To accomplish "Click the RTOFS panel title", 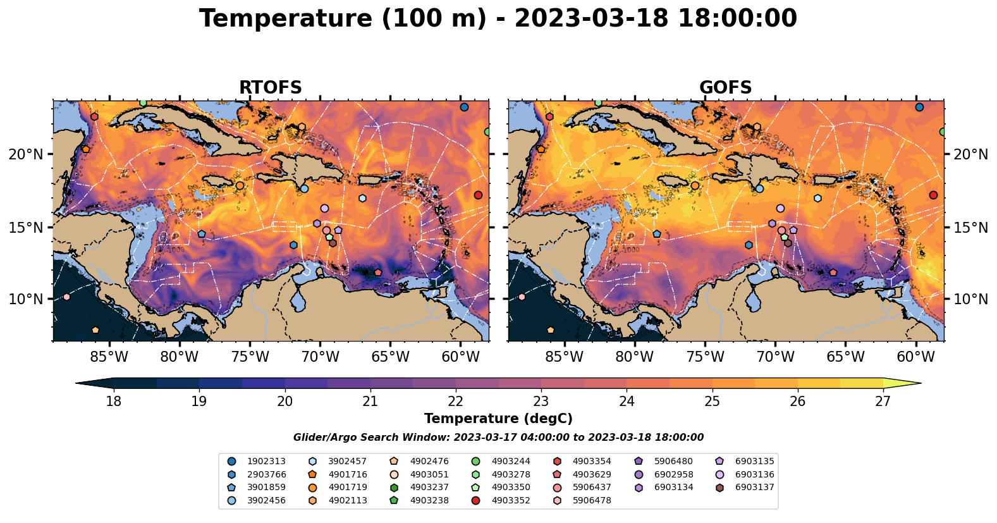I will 270,87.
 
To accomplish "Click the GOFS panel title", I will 725,87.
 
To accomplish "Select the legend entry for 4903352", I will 502,500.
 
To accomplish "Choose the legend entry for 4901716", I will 339,474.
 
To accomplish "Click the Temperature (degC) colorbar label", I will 498,419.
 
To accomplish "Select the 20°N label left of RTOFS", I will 26,154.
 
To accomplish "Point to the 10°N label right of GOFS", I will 970,299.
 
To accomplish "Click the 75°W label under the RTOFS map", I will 250,357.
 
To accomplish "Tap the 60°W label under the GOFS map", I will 915,357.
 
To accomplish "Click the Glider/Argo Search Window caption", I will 498,438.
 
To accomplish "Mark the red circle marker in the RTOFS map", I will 478,195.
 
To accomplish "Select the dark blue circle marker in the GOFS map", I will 919,107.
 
